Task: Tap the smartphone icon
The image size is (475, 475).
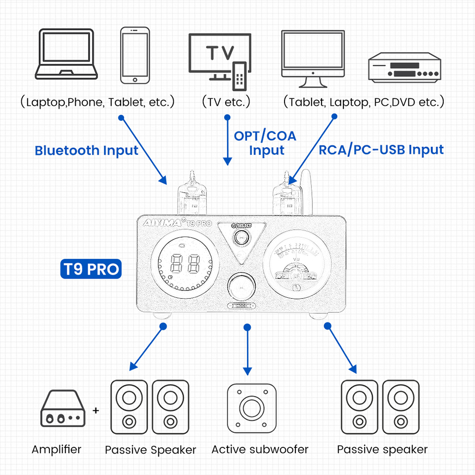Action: pos(135,55)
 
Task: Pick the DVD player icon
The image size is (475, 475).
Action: pos(404,67)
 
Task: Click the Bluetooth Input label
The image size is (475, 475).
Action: pos(87,150)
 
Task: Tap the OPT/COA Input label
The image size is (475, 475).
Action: pos(265,142)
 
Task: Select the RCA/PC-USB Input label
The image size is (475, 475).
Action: pos(381,149)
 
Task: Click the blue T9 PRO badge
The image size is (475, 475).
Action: pos(91,269)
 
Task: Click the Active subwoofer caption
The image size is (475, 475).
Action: pos(260,449)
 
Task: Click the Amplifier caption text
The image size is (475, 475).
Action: pos(56,449)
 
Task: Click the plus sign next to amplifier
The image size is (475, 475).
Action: pos(96,410)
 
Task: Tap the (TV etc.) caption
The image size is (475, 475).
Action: pos(226,102)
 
